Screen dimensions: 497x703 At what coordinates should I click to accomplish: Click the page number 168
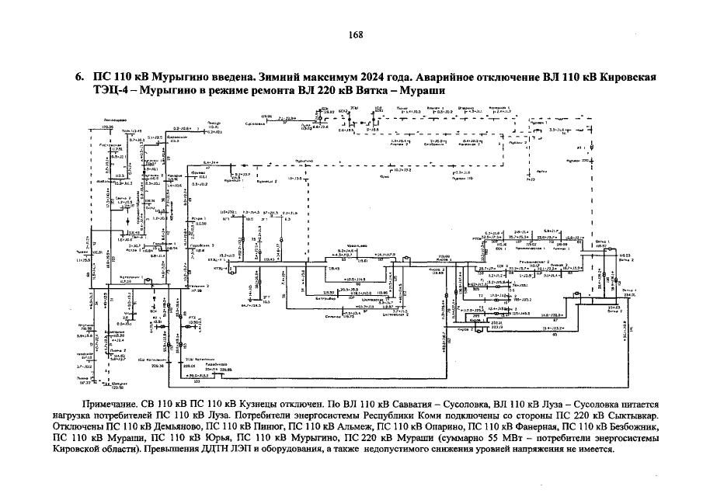(356, 35)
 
